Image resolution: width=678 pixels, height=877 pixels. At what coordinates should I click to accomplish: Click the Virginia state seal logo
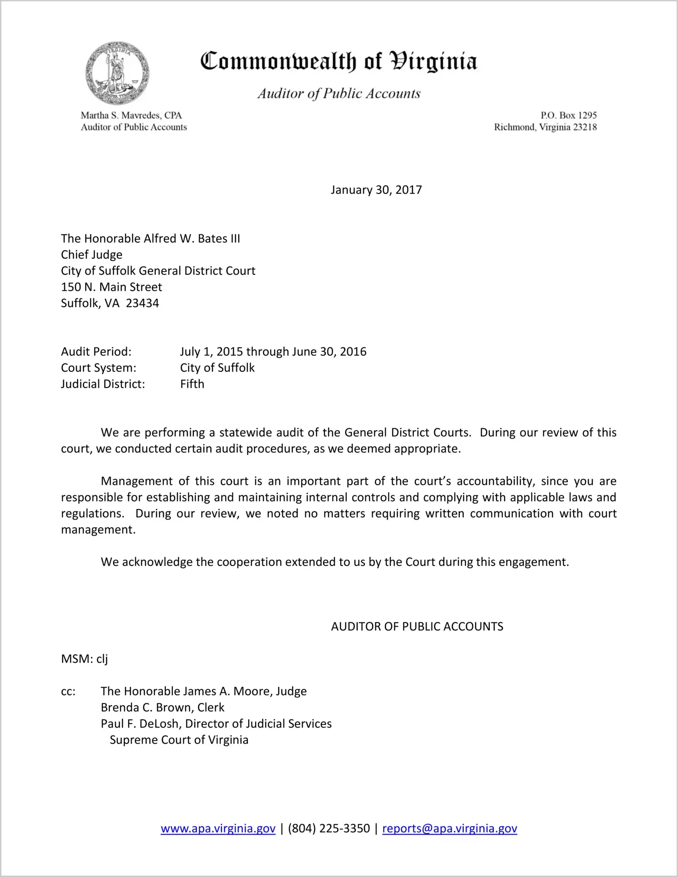(117, 73)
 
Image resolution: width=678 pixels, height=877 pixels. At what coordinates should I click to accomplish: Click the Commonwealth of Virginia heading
(339, 62)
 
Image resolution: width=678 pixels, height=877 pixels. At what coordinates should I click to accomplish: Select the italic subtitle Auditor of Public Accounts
(339, 94)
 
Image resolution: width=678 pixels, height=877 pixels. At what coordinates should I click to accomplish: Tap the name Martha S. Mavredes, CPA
(131, 115)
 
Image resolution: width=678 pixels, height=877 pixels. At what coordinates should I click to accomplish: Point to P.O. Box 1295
(568, 115)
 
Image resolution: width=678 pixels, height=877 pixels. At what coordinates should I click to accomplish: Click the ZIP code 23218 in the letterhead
(585, 127)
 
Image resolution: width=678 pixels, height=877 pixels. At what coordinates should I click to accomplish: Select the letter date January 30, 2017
(376, 190)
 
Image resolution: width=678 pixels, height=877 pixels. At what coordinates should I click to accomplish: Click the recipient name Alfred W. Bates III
(192, 239)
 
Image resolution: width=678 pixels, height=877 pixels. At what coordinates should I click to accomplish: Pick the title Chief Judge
(92, 255)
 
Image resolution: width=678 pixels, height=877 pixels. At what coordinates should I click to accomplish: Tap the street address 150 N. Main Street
(112, 287)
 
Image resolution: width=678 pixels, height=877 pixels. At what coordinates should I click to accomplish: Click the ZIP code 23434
(142, 303)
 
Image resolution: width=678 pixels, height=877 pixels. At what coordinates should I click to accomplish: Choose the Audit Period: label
(96, 352)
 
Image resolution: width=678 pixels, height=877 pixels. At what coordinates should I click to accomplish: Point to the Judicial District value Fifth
(192, 384)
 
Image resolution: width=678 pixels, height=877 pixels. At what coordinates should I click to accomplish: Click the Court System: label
(98, 368)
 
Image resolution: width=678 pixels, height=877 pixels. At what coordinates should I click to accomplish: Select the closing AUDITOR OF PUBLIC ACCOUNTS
(417, 627)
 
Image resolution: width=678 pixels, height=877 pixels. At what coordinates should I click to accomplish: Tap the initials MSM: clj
(84, 659)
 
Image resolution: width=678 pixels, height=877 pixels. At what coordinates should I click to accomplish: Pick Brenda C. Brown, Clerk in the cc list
(162, 708)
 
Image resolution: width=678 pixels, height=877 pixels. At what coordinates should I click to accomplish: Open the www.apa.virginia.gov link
(218, 828)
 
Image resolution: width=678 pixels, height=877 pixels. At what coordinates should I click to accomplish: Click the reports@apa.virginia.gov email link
(449, 828)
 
